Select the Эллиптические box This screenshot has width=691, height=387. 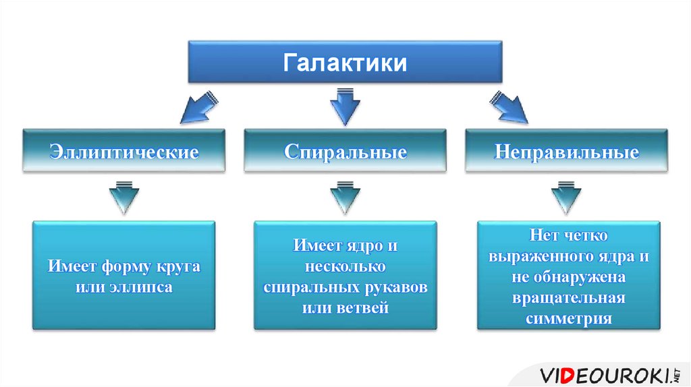click(124, 150)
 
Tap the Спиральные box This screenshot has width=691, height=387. click(345, 150)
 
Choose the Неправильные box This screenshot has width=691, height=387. click(566, 150)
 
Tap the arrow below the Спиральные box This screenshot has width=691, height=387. click(345, 197)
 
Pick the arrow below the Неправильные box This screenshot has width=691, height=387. click(566, 197)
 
